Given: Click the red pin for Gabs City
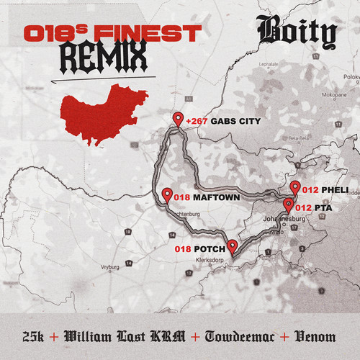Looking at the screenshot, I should pos(178,119).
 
